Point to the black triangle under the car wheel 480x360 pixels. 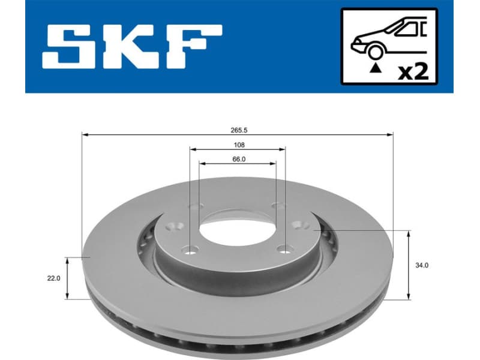[376, 69]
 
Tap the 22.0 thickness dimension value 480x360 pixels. [55, 278]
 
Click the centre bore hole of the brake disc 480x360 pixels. [236, 227]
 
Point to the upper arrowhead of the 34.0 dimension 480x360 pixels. [409, 233]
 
